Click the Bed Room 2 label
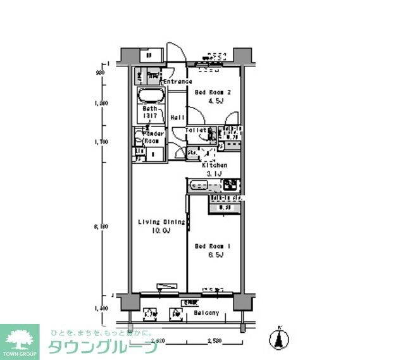pyautogui.click(x=212, y=93)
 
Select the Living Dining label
pyautogui.click(x=161, y=222)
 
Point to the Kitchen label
pyautogui.click(x=214, y=165)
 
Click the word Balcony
pyautogui.click(x=206, y=313)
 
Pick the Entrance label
pyautogui.click(x=178, y=82)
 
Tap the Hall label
pyautogui.click(x=177, y=118)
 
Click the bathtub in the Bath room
pyautogui.click(x=151, y=97)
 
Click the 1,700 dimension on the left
pyautogui.click(x=100, y=142)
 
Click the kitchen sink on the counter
pyautogui.click(x=200, y=186)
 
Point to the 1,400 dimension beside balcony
pyautogui.click(x=100, y=308)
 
